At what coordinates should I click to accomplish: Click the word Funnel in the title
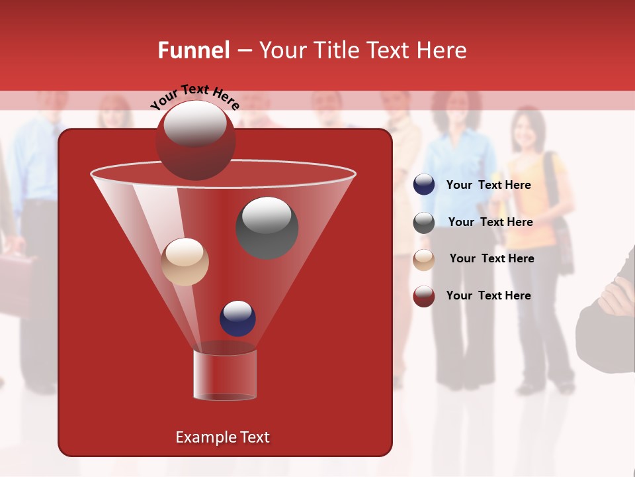[193, 50]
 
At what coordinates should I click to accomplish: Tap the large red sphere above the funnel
[195, 140]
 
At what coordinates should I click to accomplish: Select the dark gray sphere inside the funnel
[267, 228]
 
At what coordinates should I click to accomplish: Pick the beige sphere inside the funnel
[185, 262]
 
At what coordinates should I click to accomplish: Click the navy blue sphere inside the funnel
[238, 318]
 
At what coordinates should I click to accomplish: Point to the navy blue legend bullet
[424, 185]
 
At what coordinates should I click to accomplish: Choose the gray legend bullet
[424, 223]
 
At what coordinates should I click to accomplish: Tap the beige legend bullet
[424, 260]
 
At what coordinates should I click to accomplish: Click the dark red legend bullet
[424, 296]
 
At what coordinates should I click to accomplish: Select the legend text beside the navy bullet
[488, 185]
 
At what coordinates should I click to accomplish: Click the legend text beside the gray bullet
[490, 222]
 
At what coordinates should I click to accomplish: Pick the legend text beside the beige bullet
[491, 258]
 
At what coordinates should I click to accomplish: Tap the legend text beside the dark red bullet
[488, 295]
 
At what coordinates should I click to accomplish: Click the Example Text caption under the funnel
[222, 437]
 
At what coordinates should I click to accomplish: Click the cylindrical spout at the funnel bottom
[225, 374]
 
